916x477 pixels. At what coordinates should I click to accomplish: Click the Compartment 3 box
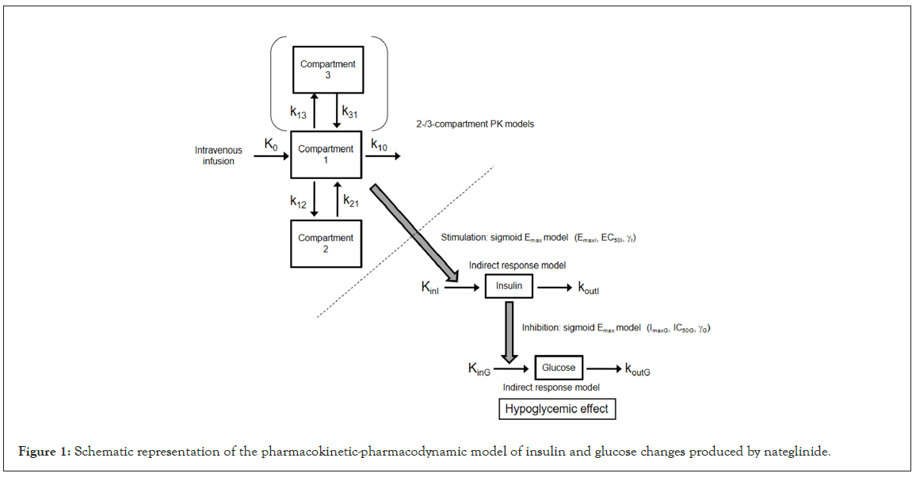[327, 70]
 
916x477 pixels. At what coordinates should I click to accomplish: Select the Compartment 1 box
[326, 155]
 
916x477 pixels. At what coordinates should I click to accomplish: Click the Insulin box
[509, 286]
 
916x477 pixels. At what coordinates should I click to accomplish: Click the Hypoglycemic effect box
[556, 409]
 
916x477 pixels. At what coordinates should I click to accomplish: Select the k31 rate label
[350, 113]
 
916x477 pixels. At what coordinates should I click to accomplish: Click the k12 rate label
[299, 203]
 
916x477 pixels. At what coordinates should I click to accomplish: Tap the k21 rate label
[351, 203]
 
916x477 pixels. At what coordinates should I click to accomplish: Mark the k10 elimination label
[380, 144]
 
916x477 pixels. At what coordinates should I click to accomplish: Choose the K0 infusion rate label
[271, 144]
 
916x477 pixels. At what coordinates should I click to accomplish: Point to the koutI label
[593, 287]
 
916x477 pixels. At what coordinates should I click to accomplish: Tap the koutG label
[643, 368]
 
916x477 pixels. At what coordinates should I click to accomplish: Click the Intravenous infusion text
[219, 155]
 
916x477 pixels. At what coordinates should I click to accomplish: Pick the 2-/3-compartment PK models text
[475, 124]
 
